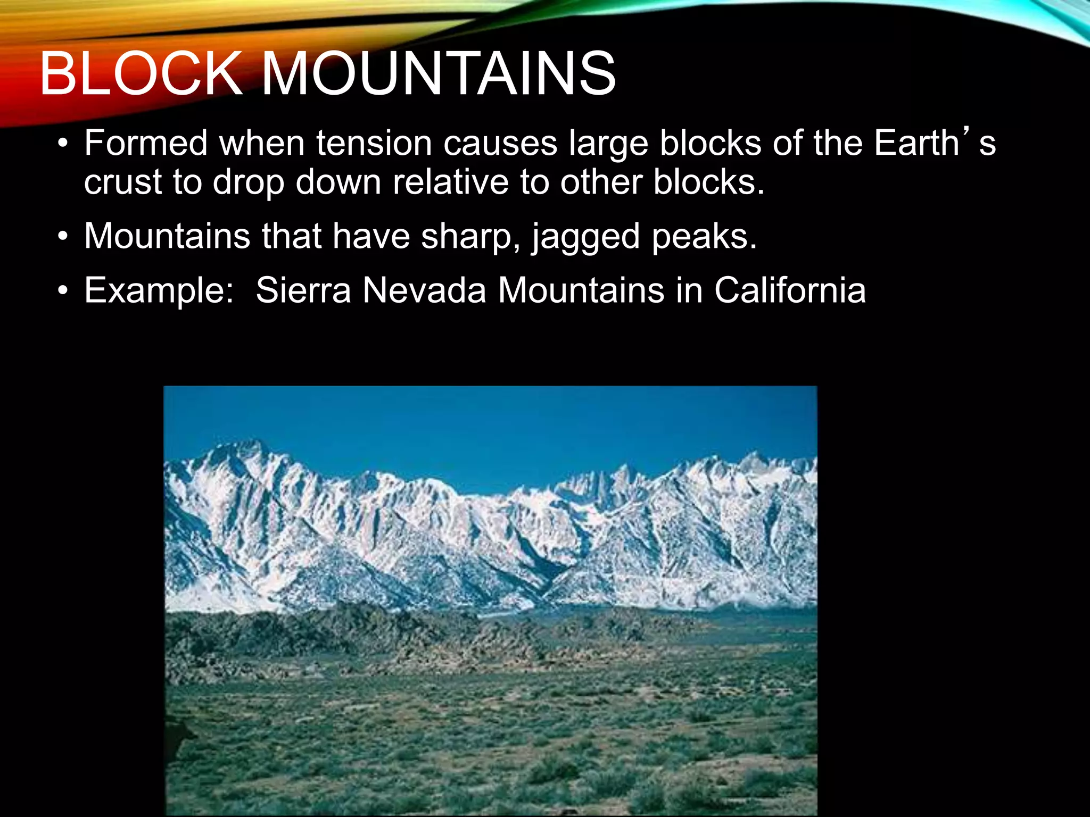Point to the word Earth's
coord(935,143)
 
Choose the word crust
coord(123,182)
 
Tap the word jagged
coord(585,237)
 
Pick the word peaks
coord(704,237)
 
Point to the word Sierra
coord(303,290)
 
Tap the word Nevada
coord(424,290)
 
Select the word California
coord(790,290)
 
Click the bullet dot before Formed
coord(63,144)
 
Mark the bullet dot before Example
coord(63,291)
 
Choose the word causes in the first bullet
coord(500,143)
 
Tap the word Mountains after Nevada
coord(581,290)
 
